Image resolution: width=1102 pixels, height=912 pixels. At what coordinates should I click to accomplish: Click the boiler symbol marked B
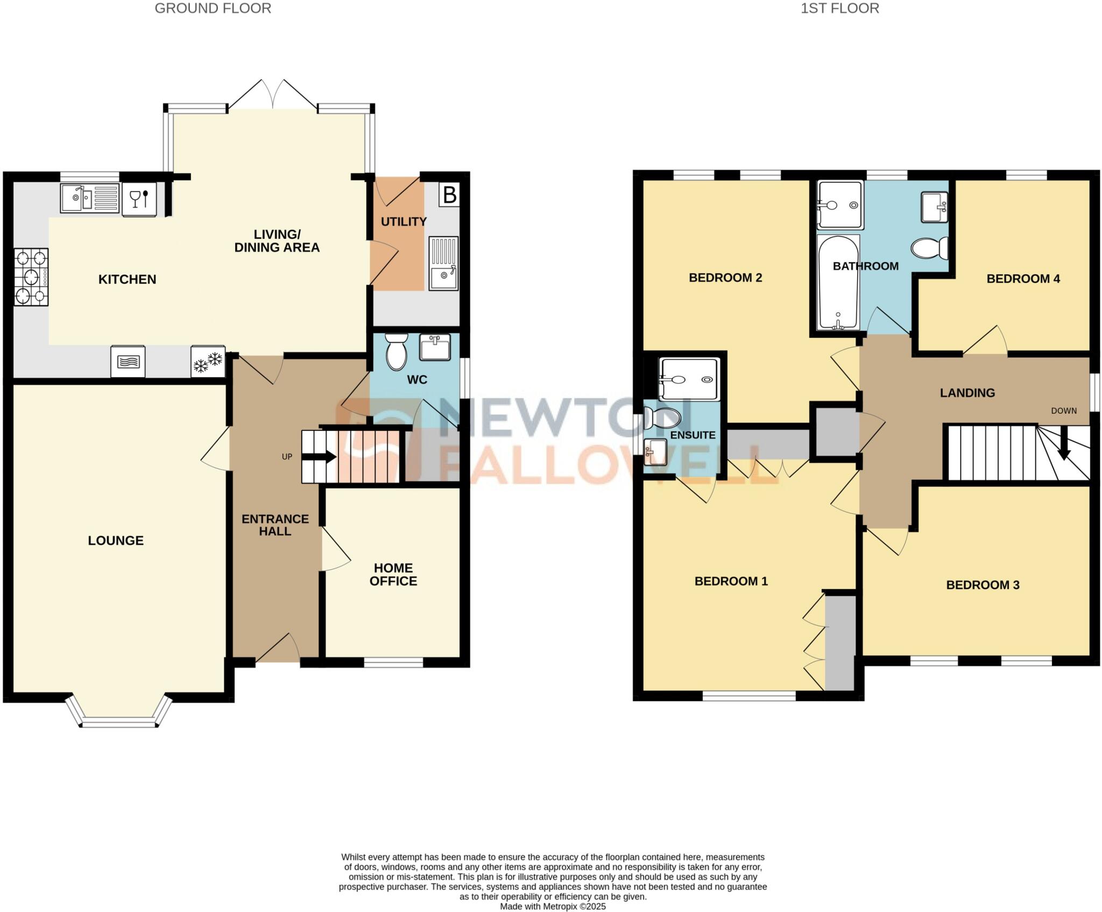[449, 195]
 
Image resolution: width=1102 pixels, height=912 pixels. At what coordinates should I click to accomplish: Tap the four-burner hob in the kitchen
[31, 277]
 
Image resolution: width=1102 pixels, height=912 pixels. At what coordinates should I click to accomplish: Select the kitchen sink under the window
[89, 198]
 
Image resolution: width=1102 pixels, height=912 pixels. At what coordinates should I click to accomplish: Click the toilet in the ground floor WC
[397, 351]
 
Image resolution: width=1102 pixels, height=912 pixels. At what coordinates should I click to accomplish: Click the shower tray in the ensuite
[689, 379]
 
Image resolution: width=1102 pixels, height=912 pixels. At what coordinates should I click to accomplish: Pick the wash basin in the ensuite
[655, 451]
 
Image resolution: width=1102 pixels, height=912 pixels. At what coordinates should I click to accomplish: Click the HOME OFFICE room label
[393, 575]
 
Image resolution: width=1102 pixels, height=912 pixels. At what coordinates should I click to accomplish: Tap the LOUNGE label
[116, 541]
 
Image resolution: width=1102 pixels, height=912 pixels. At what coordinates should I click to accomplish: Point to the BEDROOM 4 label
[1023, 279]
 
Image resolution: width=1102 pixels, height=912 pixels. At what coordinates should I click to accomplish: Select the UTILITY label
[404, 222]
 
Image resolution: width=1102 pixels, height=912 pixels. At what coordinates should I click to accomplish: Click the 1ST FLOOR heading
[839, 9]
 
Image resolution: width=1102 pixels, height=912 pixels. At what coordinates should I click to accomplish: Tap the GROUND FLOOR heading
[213, 9]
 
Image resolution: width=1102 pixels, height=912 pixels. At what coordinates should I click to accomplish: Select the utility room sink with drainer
[444, 263]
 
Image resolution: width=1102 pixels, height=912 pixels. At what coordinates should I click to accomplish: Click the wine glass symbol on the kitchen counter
[139, 199]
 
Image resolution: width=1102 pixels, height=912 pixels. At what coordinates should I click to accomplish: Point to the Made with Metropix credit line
[553, 907]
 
